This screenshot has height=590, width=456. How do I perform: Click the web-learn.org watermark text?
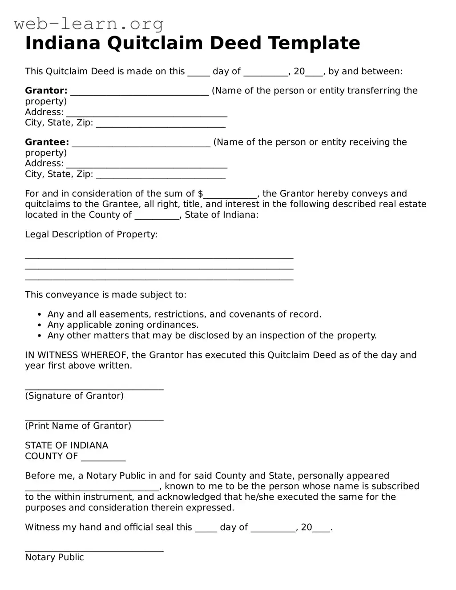[x=89, y=24]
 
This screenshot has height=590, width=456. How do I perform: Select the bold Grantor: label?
[x=46, y=91]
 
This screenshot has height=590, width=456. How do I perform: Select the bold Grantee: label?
[x=47, y=142]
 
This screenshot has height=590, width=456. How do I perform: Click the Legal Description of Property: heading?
[x=91, y=234]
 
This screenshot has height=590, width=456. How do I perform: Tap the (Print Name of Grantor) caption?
[x=78, y=426]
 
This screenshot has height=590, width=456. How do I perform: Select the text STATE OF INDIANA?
[x=66, y=446]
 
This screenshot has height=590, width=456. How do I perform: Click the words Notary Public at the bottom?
[x=54, y=558]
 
